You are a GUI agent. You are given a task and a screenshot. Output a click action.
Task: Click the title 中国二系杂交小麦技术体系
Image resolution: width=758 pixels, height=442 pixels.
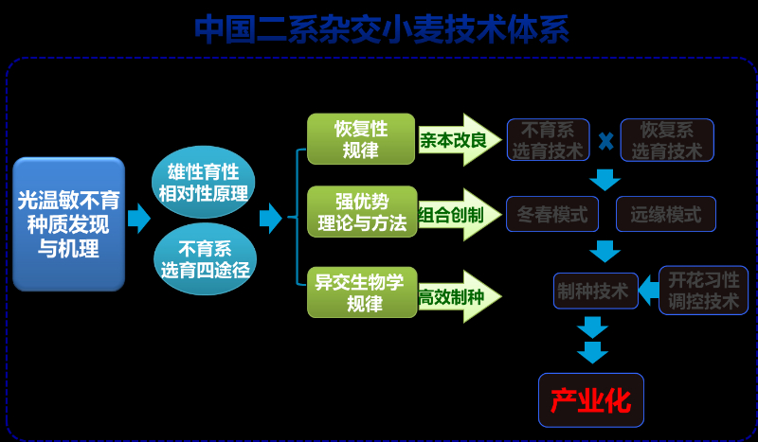coord(382,29)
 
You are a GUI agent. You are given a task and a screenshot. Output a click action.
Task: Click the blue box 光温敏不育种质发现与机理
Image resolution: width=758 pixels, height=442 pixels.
coord(68,224)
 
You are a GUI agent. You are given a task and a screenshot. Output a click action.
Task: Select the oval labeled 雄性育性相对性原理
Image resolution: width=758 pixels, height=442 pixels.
coord(203,183)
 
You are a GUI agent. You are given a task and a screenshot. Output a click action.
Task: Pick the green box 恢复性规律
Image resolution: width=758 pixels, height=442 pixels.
coord(361,139)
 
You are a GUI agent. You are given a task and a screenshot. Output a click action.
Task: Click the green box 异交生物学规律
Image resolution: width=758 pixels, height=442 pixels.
coord(361,292)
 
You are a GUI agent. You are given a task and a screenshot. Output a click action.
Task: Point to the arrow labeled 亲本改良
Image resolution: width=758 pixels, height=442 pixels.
coord(456,140)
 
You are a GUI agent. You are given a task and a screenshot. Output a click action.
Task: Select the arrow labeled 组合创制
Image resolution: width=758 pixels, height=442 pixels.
coord(456,216)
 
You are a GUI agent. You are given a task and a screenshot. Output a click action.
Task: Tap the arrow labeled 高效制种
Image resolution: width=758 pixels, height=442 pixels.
coord(456,296)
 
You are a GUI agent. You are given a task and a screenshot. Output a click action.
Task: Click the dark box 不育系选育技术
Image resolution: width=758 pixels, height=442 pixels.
coord(548,140)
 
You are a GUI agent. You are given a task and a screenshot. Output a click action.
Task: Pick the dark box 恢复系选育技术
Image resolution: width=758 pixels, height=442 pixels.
coord(667,140)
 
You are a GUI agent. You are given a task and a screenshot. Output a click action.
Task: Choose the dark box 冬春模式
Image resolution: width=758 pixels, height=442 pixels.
coord(552,215)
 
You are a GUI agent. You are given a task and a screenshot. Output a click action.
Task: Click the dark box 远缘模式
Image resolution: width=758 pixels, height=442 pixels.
coord(666,215)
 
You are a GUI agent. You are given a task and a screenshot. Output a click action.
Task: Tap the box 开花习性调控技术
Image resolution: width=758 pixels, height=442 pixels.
coord(703,291)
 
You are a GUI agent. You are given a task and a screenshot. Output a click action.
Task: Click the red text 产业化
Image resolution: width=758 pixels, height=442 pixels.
coord(590,399)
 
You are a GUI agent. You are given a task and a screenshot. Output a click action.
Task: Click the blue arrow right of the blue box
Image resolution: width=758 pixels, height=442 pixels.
coord(139,219)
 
